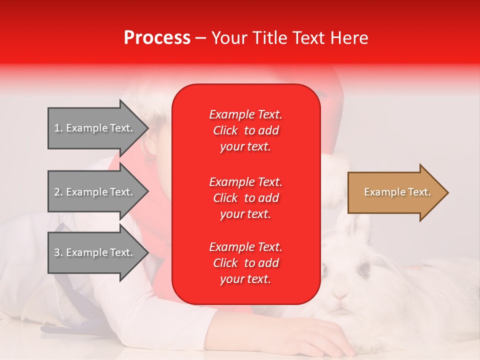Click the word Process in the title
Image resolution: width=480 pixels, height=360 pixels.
point(157,38)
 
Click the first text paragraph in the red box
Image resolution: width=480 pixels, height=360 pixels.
point(245,130)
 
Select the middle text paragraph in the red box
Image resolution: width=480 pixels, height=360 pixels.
point(245,198)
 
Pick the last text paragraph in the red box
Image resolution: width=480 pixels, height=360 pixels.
point(245,263)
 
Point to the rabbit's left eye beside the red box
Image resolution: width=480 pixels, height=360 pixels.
point(323,270)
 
